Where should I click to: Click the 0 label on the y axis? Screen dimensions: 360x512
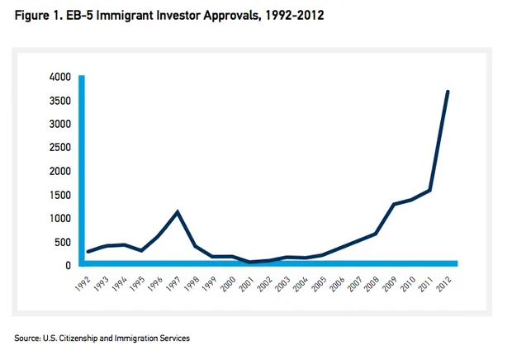coord(69,266)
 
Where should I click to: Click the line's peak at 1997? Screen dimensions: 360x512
coord(177,212)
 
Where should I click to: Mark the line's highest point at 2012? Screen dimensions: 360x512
coord(448,91)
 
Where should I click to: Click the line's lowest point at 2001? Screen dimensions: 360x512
coord(249,262)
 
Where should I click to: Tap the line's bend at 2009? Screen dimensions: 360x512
coord(394,204)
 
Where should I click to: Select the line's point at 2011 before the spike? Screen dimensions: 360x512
coord(430,191)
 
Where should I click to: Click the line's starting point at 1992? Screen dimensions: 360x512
coord(87,252)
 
